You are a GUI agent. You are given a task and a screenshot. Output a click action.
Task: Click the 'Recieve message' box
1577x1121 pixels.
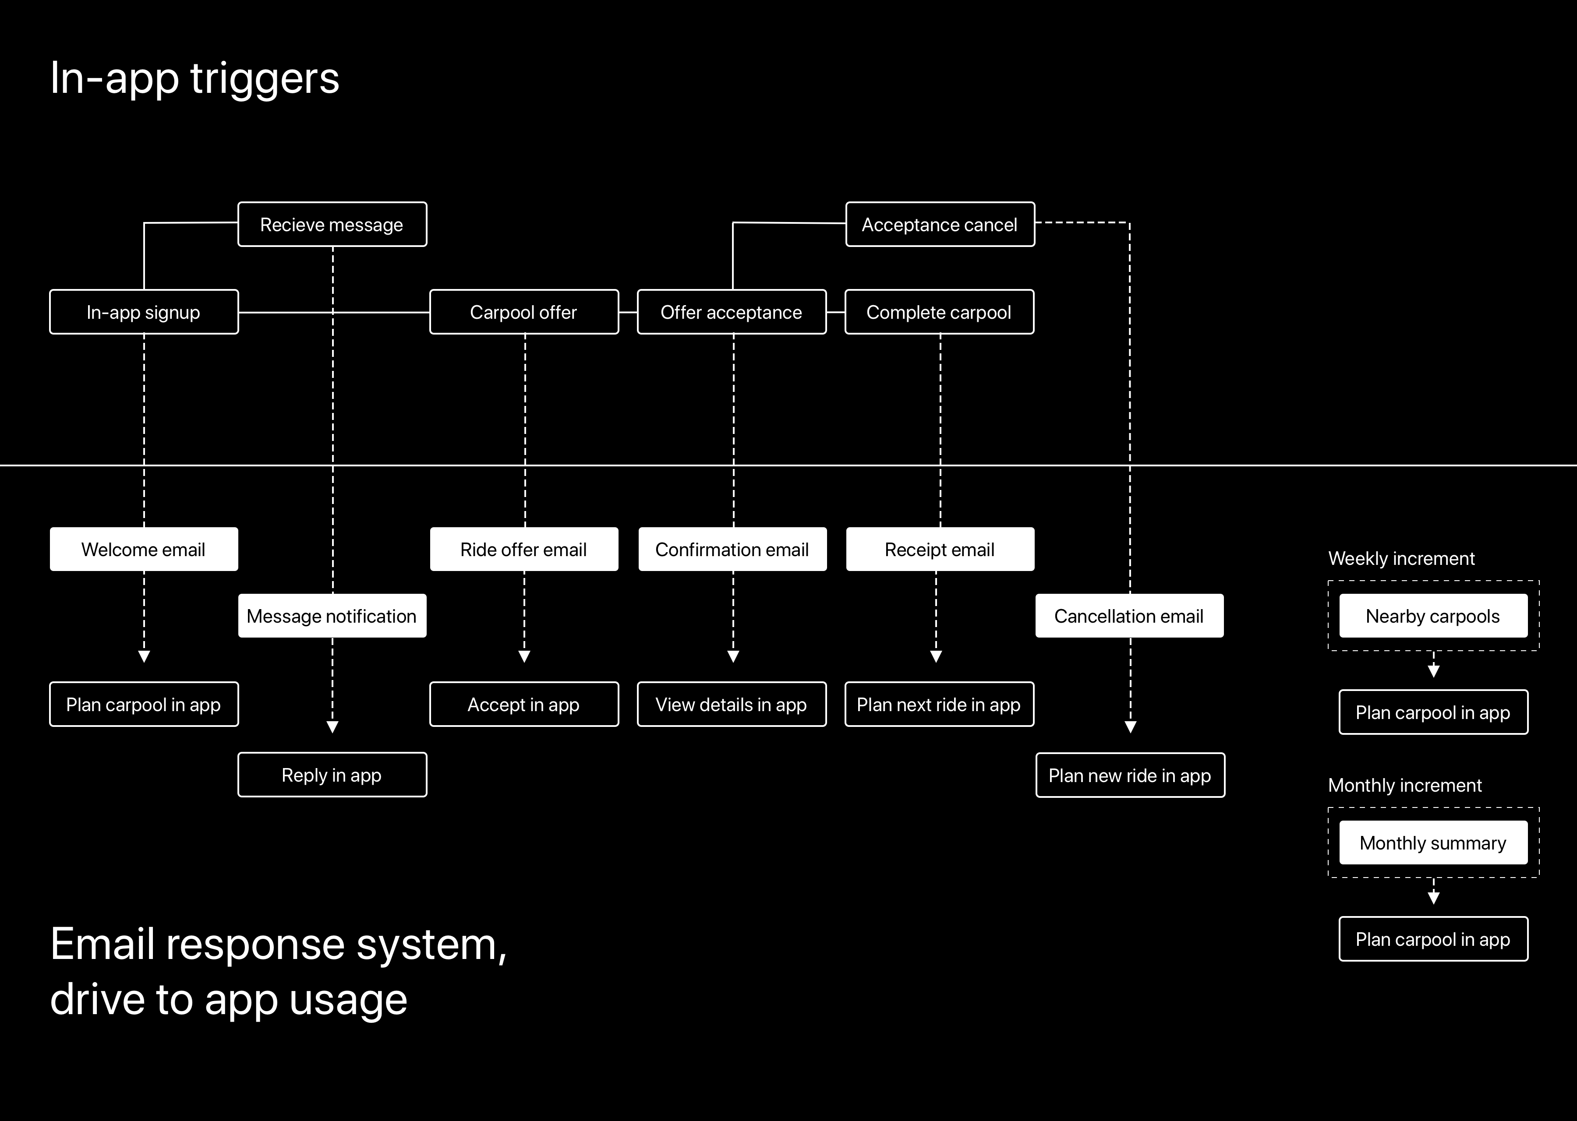332,224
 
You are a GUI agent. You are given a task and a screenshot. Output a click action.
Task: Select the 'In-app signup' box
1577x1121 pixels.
144,312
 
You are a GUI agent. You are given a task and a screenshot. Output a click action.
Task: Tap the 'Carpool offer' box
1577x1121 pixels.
523,312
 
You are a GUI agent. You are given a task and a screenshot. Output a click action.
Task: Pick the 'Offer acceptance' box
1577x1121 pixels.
731,312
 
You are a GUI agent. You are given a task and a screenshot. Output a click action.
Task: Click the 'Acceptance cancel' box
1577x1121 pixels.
940,224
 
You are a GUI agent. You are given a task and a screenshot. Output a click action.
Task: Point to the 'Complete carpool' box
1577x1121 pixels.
939,312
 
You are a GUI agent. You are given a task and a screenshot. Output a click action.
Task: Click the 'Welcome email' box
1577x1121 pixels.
144,550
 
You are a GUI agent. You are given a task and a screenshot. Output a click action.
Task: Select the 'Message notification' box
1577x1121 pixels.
332,616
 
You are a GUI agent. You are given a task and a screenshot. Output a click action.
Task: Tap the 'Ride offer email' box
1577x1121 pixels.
523,550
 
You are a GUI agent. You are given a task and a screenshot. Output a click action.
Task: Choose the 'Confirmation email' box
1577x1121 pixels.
732,550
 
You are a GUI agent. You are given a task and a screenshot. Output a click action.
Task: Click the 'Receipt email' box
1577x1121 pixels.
940,550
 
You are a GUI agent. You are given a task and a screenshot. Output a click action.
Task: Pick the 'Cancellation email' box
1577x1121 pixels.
1129,616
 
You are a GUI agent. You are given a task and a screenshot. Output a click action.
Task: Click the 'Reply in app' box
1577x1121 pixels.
332,775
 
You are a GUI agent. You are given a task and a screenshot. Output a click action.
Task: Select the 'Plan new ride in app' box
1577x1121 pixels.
1130,775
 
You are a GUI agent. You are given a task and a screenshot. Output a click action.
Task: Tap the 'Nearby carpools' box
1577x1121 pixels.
1433,616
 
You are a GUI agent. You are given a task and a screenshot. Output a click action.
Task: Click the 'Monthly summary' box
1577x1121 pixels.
1433,843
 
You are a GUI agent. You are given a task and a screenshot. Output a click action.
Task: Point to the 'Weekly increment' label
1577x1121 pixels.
1401,558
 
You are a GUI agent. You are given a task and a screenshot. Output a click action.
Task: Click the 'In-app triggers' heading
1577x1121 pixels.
194,78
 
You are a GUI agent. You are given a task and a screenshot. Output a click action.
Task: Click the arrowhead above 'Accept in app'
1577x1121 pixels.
524,656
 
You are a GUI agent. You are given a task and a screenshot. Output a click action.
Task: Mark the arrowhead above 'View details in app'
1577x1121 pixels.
733,656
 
